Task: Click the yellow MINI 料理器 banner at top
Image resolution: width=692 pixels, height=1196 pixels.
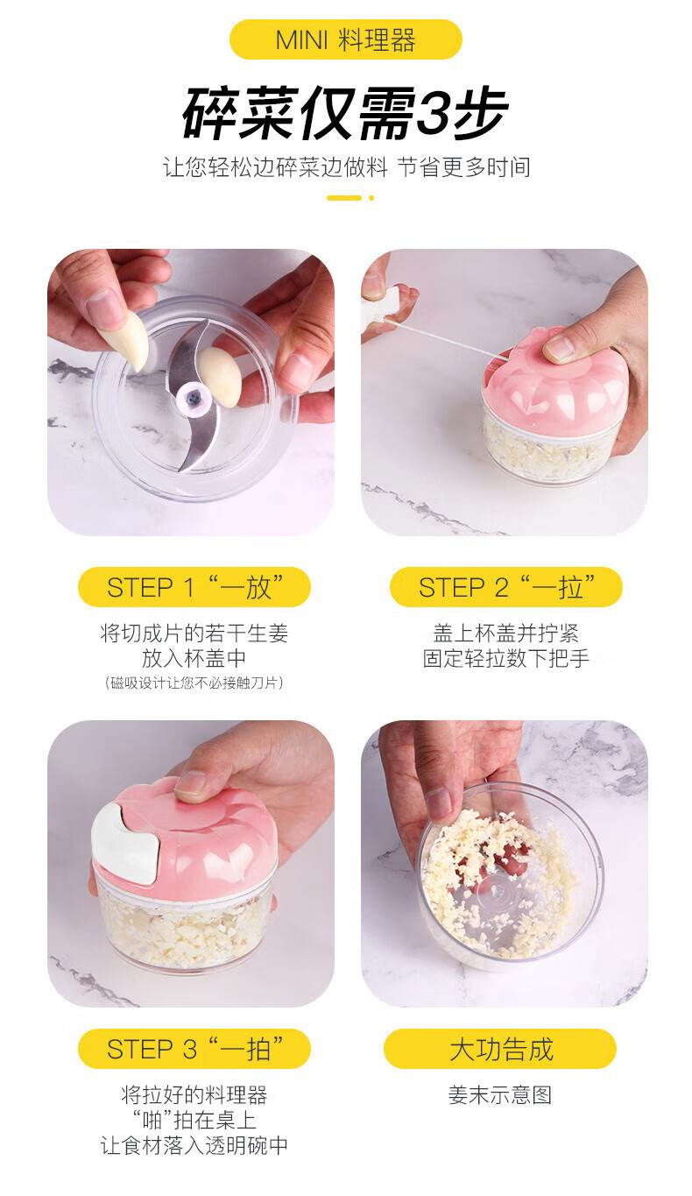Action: point(345,39)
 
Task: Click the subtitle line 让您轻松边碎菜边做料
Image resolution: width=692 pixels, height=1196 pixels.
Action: point(275,167)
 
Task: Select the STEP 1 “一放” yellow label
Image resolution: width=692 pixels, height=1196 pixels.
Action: point(194,587)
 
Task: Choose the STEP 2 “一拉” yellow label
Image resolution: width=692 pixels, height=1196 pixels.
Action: point(506,587)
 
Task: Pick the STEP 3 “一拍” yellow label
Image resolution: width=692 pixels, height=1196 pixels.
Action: point(194,1049)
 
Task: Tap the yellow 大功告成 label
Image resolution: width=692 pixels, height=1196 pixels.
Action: point(500,1049)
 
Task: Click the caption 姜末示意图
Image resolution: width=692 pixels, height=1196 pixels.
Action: point(500,1094)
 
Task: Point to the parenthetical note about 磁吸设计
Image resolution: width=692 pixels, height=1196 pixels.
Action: point(194,683)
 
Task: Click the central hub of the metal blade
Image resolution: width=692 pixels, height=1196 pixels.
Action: point(191,397)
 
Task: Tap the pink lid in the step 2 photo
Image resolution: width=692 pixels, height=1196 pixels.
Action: point(555,380)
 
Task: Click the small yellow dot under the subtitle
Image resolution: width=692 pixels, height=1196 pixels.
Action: point(371,198)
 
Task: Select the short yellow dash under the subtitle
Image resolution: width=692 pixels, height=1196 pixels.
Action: point(344,198)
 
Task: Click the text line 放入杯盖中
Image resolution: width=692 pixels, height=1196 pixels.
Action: point(194,658)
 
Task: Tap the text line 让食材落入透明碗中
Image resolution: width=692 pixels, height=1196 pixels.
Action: point(194,1145)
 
